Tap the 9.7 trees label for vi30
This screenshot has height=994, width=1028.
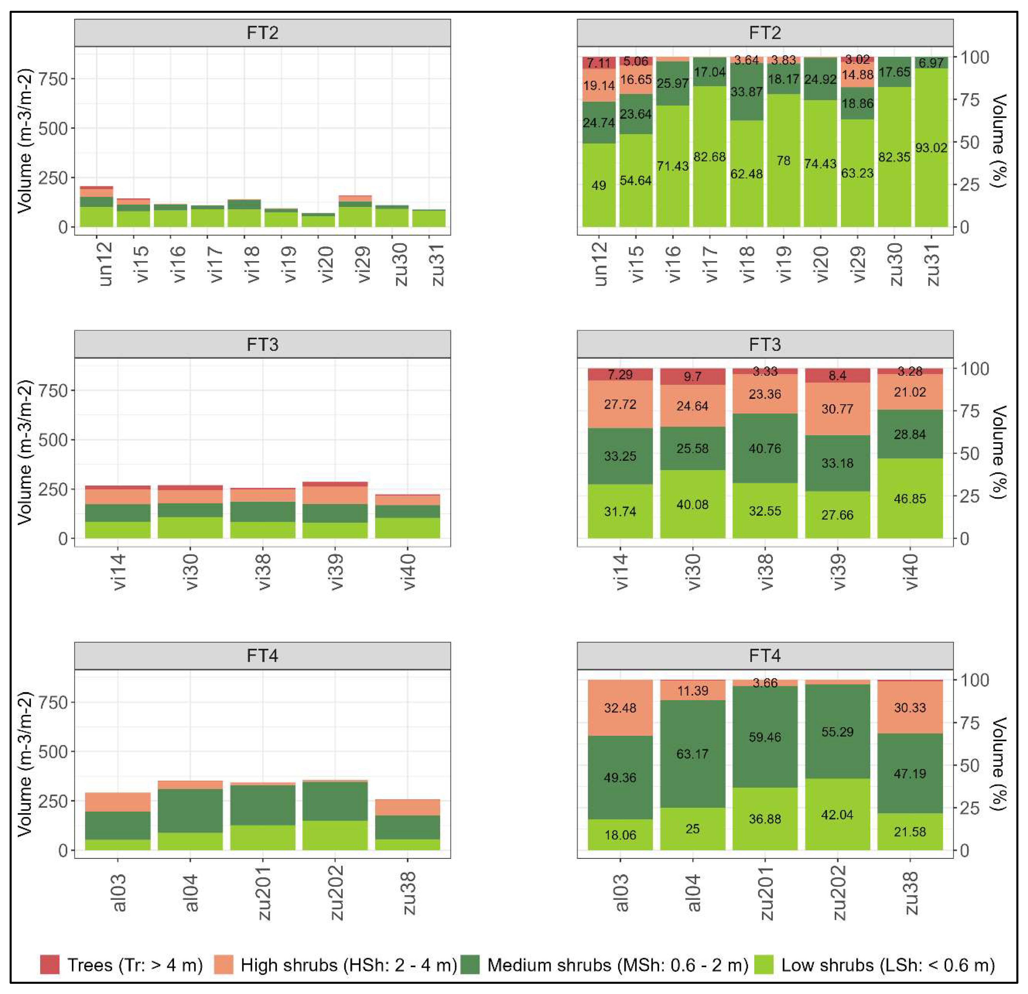692,377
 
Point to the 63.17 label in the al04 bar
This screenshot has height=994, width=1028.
692,754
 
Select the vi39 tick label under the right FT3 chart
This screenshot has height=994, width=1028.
838,572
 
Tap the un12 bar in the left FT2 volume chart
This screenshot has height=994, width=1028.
96,207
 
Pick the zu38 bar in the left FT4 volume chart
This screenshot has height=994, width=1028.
408,825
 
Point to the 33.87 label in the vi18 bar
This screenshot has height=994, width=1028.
746,92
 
